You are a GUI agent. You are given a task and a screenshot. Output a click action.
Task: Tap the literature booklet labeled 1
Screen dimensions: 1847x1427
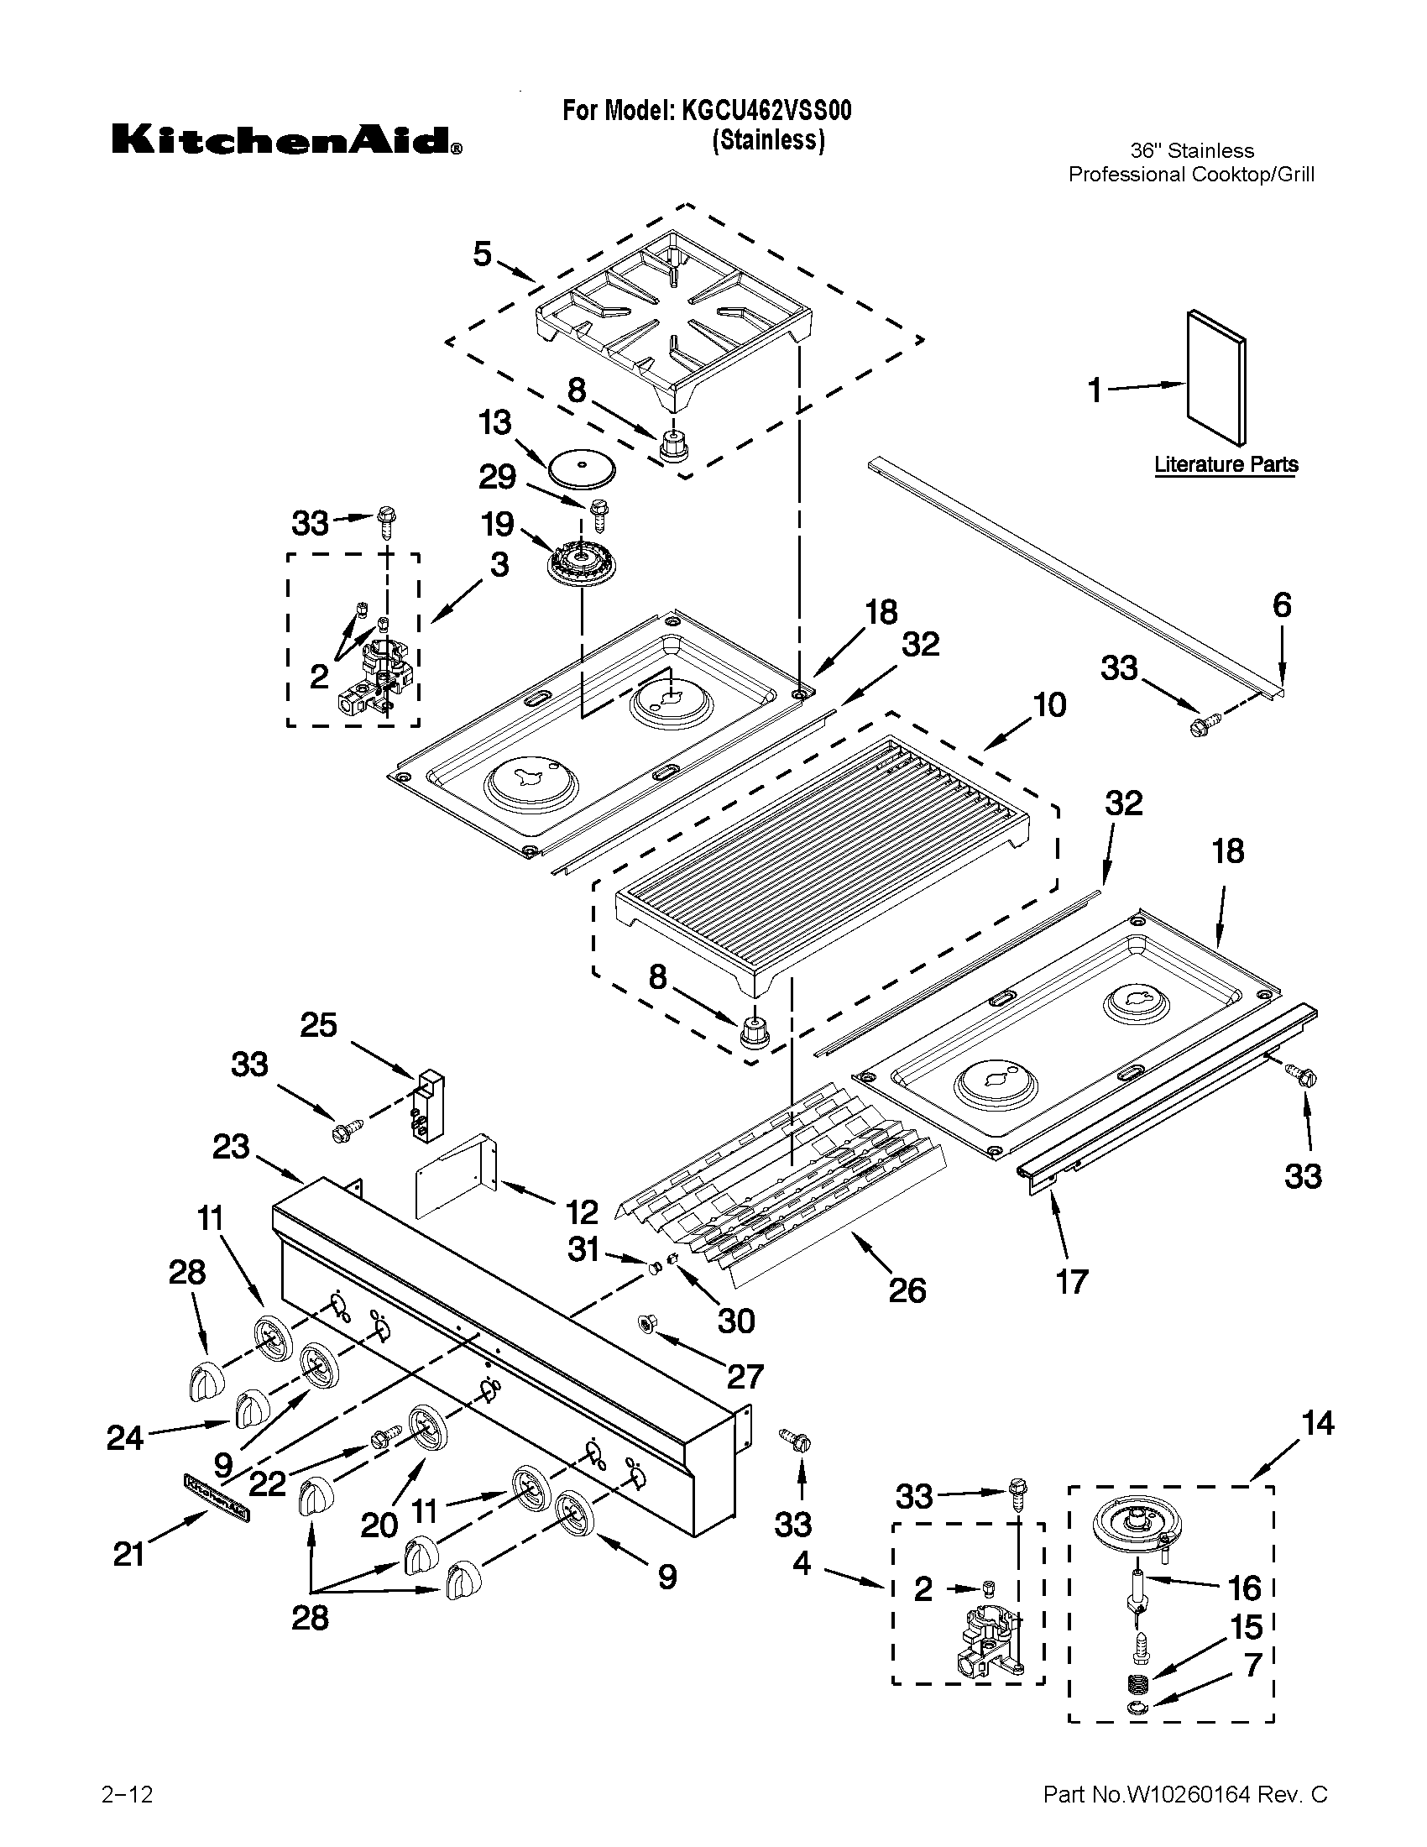tap(1215, 376)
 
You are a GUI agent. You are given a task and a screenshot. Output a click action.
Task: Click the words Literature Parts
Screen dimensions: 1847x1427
tap(1226, 464)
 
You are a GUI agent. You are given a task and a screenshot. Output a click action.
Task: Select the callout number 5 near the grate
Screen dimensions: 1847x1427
tap(482, 254)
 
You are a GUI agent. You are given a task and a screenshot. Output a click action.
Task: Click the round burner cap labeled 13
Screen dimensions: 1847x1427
tap(582, 468)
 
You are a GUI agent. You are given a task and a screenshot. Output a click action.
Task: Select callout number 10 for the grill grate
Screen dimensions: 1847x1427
tap(1049, 704)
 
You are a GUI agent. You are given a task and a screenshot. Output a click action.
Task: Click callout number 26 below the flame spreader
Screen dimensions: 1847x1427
tap(907, 1290)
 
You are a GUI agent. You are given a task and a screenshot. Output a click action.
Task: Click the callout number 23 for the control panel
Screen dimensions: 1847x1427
tap(231, 1148)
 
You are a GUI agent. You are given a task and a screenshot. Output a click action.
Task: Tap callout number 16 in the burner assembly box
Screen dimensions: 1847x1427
tap(1244, 1588)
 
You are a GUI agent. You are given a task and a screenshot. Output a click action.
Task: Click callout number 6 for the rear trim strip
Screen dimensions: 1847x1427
tap(1282, 605)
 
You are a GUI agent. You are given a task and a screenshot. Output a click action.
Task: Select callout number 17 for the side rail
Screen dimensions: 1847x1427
tap(1072, 1282)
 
